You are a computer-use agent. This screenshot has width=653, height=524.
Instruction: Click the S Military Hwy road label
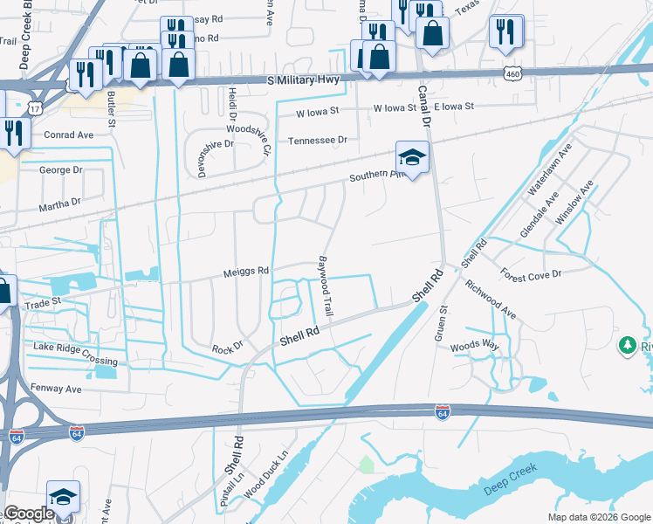(306, 81)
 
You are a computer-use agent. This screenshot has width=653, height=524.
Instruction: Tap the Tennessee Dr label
(318, 140)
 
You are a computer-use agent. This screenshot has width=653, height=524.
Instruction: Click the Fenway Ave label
(57, 389)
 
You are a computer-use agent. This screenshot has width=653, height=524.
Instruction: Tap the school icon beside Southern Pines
(412, 157)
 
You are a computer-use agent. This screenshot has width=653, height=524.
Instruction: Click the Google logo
(29, 514)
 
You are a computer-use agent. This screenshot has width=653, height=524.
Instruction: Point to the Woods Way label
(475, 347)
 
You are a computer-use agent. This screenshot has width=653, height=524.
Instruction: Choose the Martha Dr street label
(59, 203)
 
